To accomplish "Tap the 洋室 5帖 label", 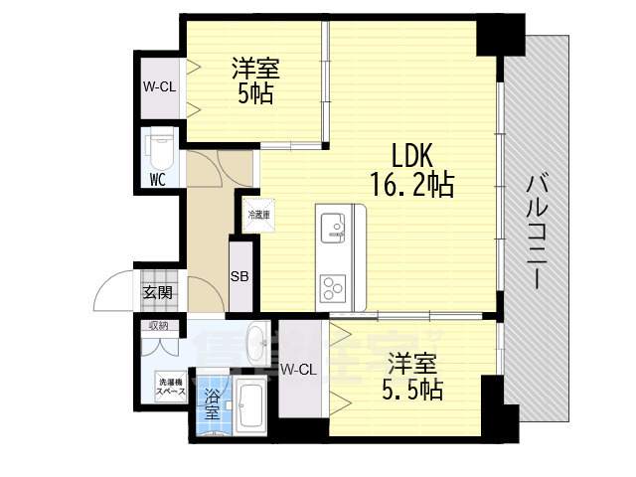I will (x=256, y=81).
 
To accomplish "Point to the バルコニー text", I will (x=539, y=231).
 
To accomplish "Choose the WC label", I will (x=157, y=180).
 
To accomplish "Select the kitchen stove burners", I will (x=332, y=285).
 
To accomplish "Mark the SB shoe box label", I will (x=240, y=277).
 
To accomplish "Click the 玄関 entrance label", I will (x=157, y=292).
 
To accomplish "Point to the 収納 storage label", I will (x=158, y=325).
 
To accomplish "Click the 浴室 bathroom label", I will (x=212, y=403).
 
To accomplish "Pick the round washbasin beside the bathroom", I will (x=254, y=345).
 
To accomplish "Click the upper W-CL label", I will (x=159, y=86).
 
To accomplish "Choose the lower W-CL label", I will (x=298, y=370).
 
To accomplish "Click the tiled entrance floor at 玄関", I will (x=158, y=277).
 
